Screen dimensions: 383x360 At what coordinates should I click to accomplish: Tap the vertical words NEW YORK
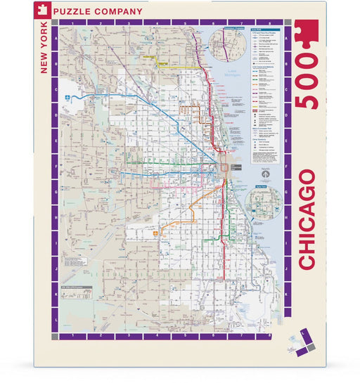tap(44, 48)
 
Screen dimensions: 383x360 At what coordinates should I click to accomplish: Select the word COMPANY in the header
tap(120, 12)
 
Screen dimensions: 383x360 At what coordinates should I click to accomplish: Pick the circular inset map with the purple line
tap(224, 46)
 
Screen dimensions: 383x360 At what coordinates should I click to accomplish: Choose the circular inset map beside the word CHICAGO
tap(262, 205)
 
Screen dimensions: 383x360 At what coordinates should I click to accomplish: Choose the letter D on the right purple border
tap(286, 114)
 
